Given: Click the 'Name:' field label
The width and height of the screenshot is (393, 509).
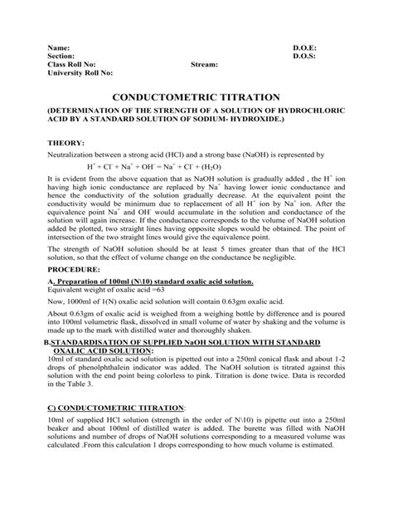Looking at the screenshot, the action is [x=59, y=49].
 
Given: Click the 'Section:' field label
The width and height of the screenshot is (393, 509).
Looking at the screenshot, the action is [x=63, y=56].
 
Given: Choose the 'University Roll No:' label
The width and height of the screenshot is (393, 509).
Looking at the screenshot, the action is [x=80, y=73].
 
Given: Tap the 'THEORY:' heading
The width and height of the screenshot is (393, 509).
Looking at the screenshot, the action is [x=67, y=143].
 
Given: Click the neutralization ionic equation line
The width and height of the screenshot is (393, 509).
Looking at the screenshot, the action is [x=195, y=166].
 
